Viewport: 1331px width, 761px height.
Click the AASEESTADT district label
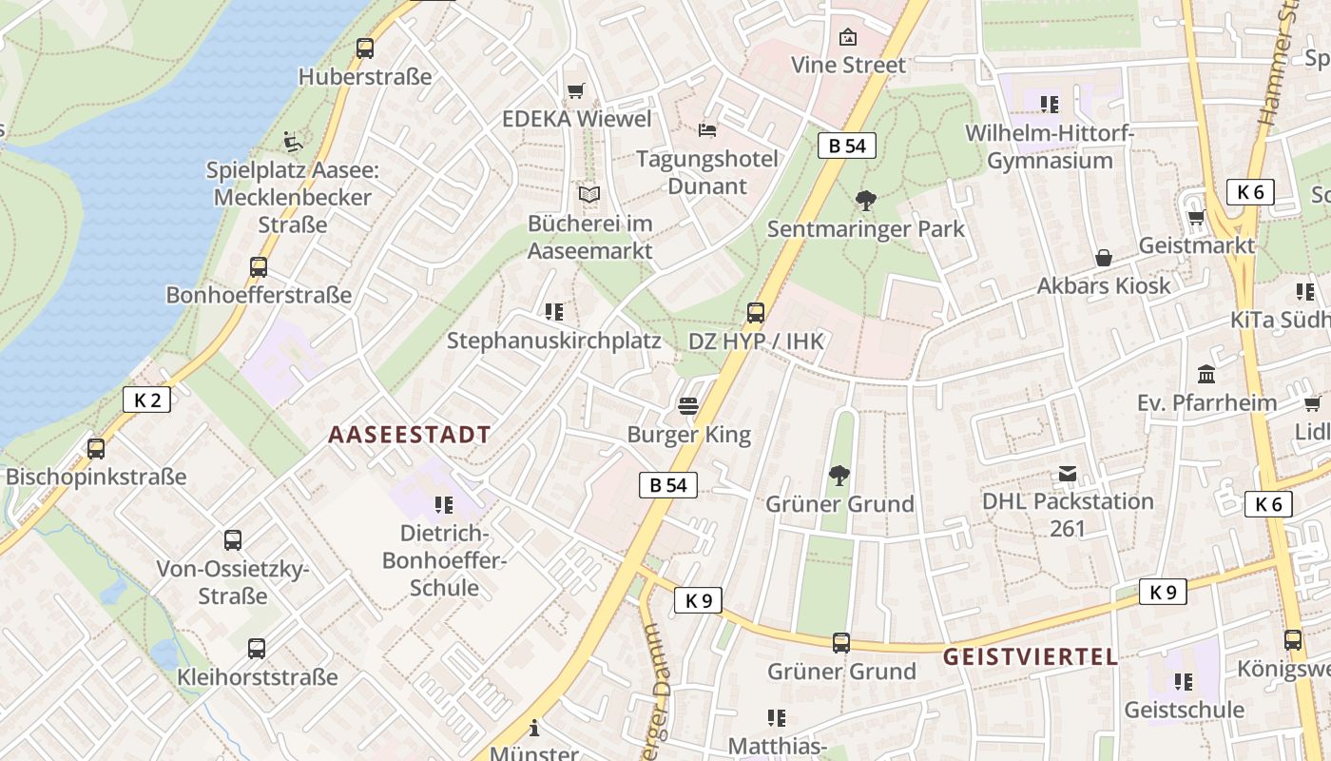(410, 436)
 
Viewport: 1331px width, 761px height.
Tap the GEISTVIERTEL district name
(1030, 656)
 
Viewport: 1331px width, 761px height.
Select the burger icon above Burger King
(688, 407)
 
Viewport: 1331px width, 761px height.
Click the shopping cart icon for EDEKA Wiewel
(575, 91)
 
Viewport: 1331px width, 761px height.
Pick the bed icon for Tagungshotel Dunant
(706, 130)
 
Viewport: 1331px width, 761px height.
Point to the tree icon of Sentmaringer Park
(865, 201)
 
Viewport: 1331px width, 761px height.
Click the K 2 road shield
(147, 400)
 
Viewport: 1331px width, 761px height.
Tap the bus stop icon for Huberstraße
(365, 49)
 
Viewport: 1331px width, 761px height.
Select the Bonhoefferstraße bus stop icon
(259, 267)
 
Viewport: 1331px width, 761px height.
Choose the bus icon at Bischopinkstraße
(96, 449)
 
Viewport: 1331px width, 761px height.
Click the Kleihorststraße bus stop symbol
(257, 650)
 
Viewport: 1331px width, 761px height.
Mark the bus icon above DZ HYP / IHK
(756, 313)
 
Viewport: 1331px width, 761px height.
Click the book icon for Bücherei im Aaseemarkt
(589, 196)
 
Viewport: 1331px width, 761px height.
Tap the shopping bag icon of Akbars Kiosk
(1104, 258)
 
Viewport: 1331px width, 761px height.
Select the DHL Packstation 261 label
(1068, 514)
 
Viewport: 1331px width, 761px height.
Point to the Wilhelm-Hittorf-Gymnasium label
(1050, 146)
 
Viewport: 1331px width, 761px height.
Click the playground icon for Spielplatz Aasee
(293, 143)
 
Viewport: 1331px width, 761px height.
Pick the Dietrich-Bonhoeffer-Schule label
(444, 560)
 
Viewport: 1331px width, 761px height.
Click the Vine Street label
(849, 66)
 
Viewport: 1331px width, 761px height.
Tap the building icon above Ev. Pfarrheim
(1206, 374)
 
